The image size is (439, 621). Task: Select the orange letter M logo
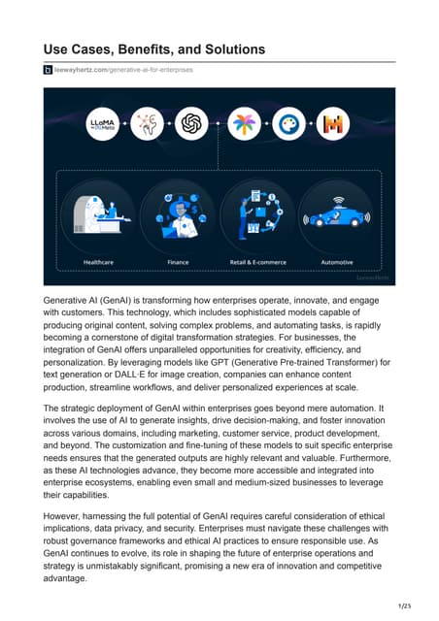click(332, 122)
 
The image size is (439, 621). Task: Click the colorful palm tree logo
click(240, 122)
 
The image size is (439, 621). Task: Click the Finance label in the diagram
click(178, 262)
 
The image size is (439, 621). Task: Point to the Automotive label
click(336, 262)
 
